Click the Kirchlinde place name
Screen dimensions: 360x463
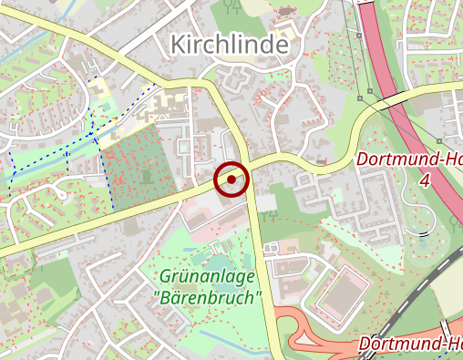coord(229,44)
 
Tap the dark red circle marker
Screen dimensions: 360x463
coord(231,180)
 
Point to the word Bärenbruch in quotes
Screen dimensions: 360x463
coord(208,297)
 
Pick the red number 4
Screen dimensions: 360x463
coord(424,180)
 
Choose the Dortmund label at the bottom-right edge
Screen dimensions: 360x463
coord(411,344)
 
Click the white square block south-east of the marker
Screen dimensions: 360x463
coord(266,202)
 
